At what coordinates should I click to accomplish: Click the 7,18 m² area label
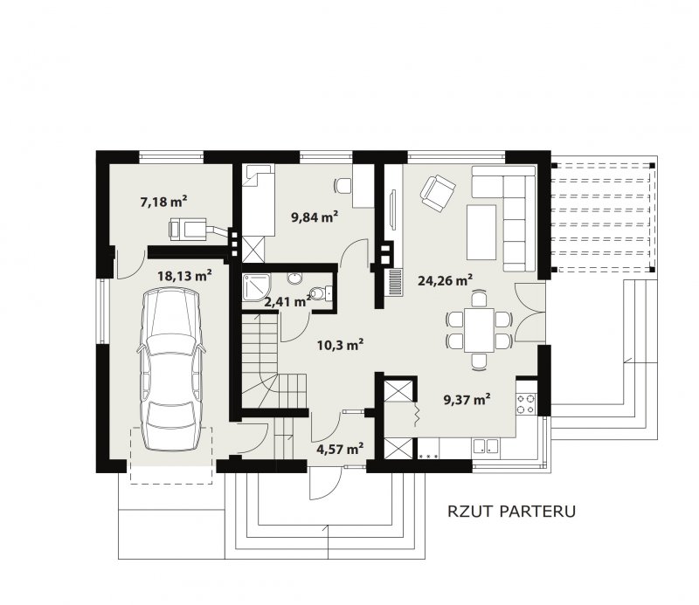click(163, 202)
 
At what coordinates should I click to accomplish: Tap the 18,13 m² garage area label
click(184, 276)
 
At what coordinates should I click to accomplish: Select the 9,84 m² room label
click(315, 217)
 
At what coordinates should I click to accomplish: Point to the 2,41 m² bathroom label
click(287, 302)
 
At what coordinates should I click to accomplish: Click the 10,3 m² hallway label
click(340, 344)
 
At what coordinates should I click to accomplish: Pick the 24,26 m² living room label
click(446, 280)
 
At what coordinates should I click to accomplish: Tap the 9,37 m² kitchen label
click(467, 399)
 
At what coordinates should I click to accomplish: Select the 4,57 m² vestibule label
click(340, 449)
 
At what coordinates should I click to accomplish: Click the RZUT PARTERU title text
click(511, 512)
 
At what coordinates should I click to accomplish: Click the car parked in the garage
click(170, 370)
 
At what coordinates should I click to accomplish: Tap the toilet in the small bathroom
click(320, 292)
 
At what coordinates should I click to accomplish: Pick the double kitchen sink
click(486, 446)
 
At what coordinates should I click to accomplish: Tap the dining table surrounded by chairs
click(479, 330)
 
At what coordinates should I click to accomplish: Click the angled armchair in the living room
click(438, 192)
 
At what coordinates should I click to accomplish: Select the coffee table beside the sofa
click(481, 232)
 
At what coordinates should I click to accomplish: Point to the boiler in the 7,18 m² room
click(188, 230)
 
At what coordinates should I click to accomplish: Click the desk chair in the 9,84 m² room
click(343, 185)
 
